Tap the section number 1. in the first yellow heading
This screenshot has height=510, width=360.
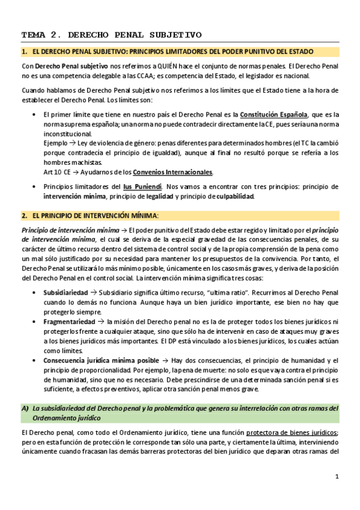[x=25, y=52]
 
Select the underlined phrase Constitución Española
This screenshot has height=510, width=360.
[x=274, y=115]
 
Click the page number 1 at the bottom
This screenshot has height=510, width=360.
[x=337, y=477]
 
